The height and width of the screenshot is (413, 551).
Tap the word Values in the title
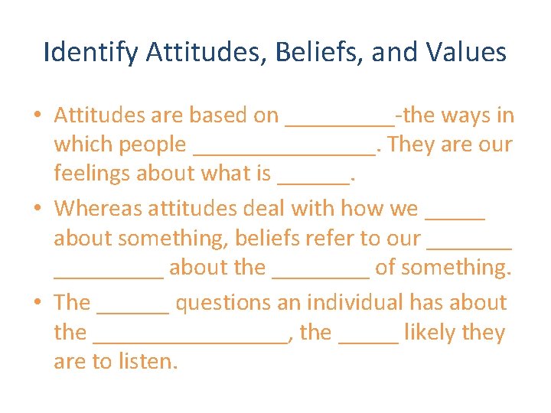[468, 53]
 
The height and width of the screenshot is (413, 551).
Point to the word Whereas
[99, 208]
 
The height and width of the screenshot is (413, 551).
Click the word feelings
[92, 174]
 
